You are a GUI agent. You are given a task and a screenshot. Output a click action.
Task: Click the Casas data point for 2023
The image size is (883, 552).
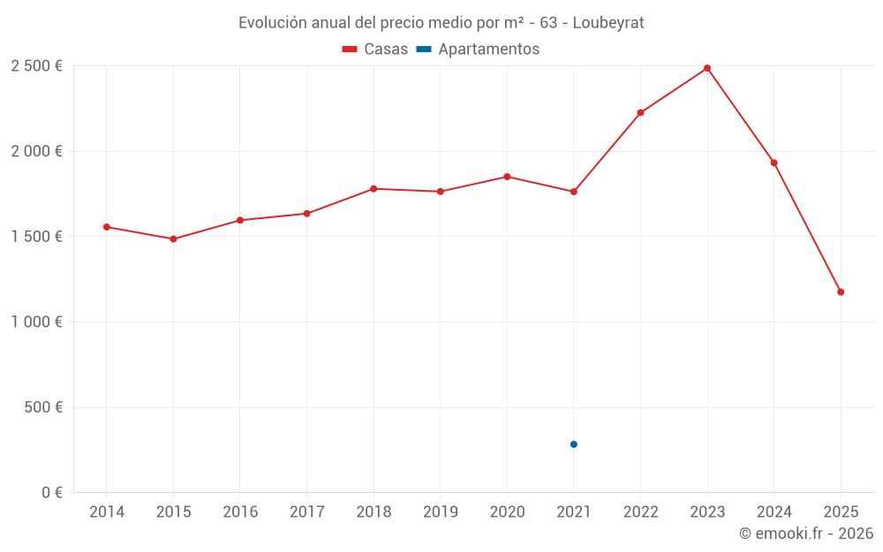click(x=707, y=68)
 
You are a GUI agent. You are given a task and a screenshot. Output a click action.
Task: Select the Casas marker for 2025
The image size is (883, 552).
click(x=841, y=292)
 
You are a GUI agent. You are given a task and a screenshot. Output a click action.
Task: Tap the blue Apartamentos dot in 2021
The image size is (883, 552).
click(x=574, y=444)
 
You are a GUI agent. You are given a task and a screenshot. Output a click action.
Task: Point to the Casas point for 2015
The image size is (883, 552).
click(x=173, y=238)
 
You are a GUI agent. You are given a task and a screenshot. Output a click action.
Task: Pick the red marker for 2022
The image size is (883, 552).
click(x=640, y=113)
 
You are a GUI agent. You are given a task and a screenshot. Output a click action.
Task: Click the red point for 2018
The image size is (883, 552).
click(x=374, y=189)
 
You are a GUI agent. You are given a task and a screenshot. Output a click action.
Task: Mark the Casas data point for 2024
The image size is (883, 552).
click(x=774, y=163)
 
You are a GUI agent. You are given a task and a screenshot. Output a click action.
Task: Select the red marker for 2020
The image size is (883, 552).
click(x=507, y=177)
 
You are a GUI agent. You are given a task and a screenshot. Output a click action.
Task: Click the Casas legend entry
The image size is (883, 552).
click(x=375, y=49)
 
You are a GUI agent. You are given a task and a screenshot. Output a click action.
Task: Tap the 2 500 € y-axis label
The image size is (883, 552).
click(x=36, y=66)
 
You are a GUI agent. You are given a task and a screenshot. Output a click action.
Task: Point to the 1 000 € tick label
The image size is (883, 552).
click(x=36, y=322)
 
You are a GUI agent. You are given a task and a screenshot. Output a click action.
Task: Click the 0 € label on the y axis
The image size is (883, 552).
click(x=52, y=493)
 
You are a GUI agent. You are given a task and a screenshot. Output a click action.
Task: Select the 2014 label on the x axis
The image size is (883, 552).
click(x=107, y=512)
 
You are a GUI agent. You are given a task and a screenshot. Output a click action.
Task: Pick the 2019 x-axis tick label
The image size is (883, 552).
click(x=440, y=512)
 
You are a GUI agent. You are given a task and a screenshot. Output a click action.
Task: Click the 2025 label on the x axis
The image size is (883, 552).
click(x=840, y=512)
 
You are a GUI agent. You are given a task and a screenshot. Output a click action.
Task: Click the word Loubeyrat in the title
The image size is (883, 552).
click(x=608, y=23)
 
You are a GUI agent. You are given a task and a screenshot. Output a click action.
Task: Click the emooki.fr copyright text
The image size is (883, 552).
click(x=805, y=533)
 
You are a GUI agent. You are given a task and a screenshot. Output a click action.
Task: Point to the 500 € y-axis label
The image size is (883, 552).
click(x=44, y=407)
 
